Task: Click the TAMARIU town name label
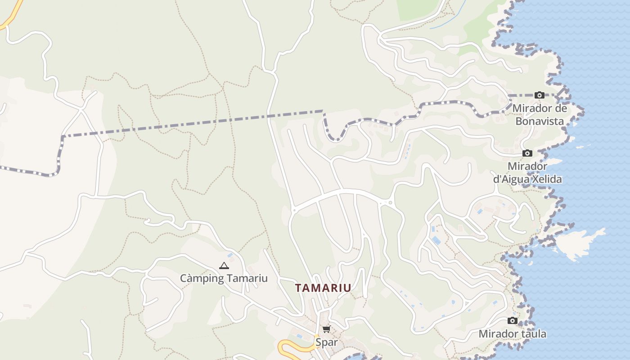[x=323, y=288]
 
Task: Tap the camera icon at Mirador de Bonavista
[x=539, y=95]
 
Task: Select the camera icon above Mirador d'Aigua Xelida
[x=527, y=153]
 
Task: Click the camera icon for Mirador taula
[x=512, y=321]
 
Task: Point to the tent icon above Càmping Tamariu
[x=224, y=266]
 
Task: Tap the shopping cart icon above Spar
[x=326, y=329]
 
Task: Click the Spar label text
[x=326, y=342]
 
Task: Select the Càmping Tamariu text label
[x=224, y=278]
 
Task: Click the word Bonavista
[x=540, y=121]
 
